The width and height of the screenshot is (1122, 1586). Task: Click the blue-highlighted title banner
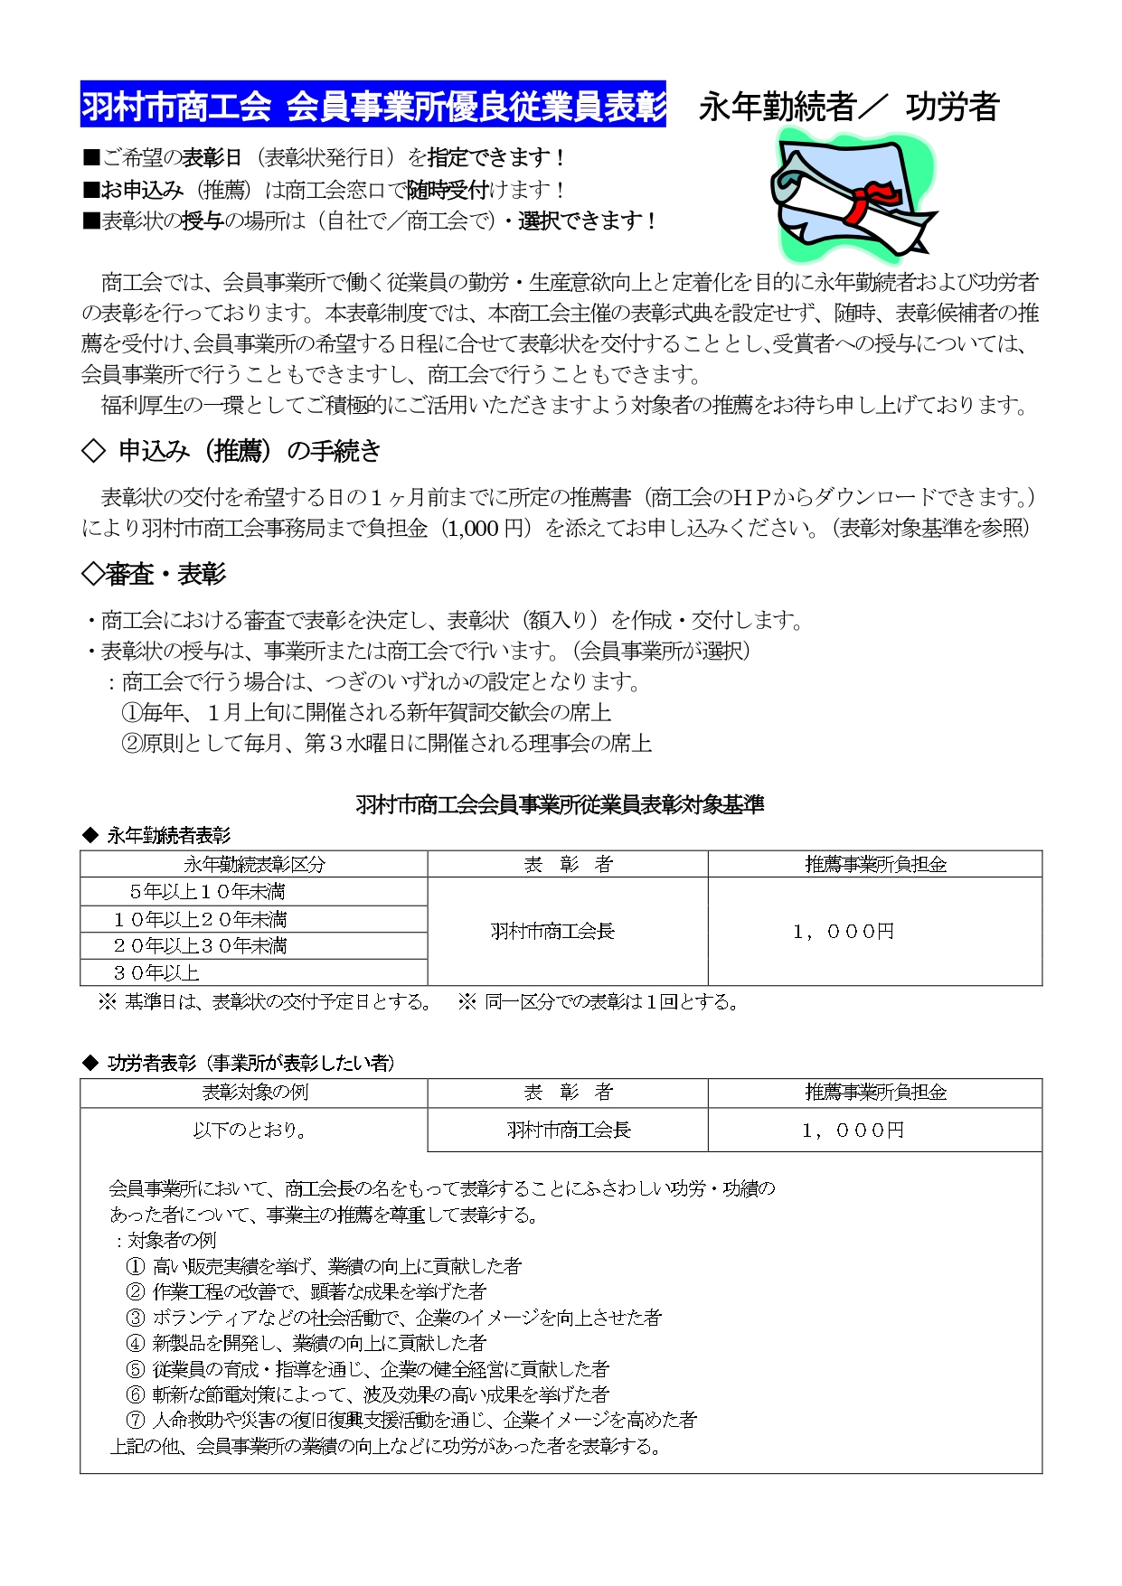tap(373, 106)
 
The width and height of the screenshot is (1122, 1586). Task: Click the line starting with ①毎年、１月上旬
tap(366, 712)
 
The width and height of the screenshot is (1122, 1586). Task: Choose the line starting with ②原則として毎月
tap(386, 743)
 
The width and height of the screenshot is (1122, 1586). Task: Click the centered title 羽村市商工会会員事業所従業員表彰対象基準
tap(560, 804)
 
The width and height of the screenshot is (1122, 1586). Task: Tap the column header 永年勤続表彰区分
tap(254, 864)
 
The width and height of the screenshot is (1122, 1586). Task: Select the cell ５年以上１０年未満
tap(207, 892)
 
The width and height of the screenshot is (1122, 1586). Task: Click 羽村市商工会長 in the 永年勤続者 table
tap(552, 932)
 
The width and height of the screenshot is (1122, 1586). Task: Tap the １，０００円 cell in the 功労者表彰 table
tap(853, 1131)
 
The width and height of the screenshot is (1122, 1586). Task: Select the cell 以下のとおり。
tap(250, 1131)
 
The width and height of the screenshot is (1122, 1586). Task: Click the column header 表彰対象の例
tap(254, 1092)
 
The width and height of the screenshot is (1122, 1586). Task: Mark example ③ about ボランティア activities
tap(394, 1318)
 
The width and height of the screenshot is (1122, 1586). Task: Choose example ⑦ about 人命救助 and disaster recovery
tap(412, 1420)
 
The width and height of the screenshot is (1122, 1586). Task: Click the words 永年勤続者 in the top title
tap(778, 107)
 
